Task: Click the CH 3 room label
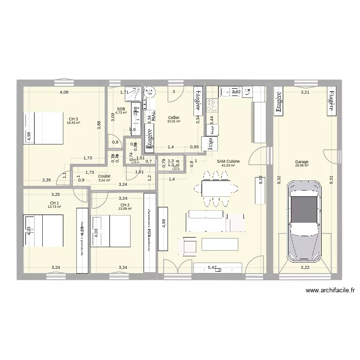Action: point(73,119)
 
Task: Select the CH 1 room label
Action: point(54,203)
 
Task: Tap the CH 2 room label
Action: point(125,205)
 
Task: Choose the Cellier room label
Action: point(174,118)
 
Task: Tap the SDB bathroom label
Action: point(120,109)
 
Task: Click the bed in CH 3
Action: point(44,128)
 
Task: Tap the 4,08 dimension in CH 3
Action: point(64,92)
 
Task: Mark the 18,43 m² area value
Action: point(73,123)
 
